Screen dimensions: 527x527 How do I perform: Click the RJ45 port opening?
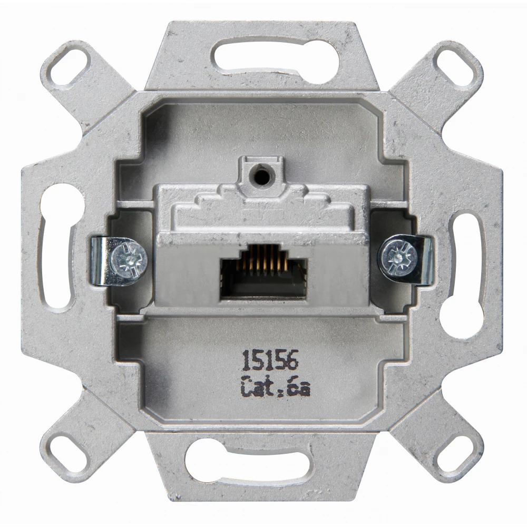[x=263, y=273]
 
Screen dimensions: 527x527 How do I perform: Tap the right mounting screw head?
[x=397, y=258]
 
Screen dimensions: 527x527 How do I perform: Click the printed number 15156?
[x=270, y=360]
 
